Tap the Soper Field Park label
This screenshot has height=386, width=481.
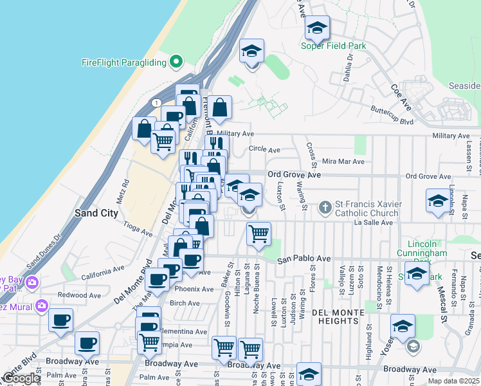tap(334, 46)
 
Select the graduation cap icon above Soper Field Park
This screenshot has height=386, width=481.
tap(316, 28)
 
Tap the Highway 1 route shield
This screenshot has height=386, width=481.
tap(156, 103)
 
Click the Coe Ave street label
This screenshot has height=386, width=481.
tap(400, 96)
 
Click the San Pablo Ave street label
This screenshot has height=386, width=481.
tap(304, 259)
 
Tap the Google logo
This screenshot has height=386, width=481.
tap(21, 378)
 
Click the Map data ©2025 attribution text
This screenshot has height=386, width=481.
tap(453, 381)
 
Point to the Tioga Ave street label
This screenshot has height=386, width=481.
tap(136, 226)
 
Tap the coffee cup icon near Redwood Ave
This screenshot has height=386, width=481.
tap(61, 320)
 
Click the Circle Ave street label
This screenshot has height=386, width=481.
tap(264, 150)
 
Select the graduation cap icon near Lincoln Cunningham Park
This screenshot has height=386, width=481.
tap(417, 275)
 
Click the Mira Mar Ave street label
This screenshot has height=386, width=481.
tap(343, 161)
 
